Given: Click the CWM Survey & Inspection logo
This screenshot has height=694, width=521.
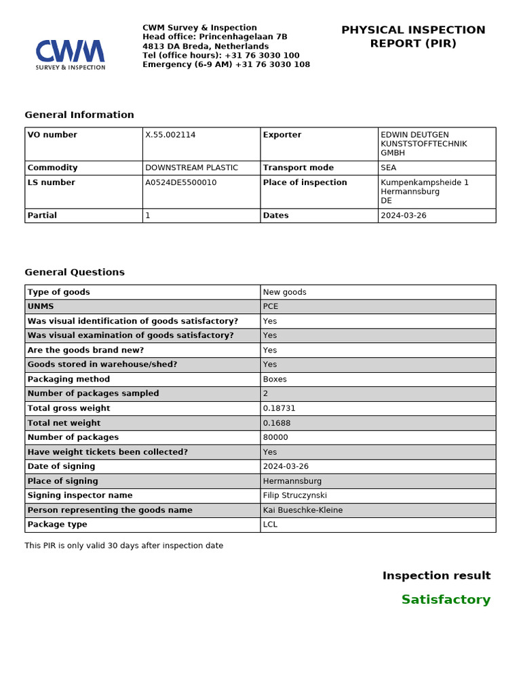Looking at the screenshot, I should pyautogui.click(x=71, y=54).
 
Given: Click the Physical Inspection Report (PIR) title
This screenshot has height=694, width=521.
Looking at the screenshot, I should pyautogui.click(x=412, y=37).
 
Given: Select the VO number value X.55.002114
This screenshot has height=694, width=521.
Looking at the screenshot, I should pyautogui.click(x=170, y=135).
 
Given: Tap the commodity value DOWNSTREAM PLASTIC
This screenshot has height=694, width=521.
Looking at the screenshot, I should pyautogui.click(x=191, y=167).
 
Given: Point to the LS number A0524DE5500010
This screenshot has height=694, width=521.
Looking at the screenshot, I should pyautogui.click(x=181, y=182).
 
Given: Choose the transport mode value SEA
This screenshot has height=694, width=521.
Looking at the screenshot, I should pyautogui.click(x=389, y=167).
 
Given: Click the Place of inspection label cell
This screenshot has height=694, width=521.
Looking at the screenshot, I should pyautogui.click(x=305, y=182).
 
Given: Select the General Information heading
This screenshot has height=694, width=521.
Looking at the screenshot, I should pyautogui.click(x=79, y=115).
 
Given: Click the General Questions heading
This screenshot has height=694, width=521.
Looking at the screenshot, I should pyautogui.click(x=75, y=272).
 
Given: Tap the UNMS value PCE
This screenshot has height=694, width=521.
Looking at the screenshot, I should pyautogui.click(x=271, y=306).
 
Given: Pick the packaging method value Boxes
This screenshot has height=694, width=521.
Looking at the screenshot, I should pyautogui.click(x=275, y=379).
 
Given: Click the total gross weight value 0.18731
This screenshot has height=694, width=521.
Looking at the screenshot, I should pyautogui.click(x=279, y=408).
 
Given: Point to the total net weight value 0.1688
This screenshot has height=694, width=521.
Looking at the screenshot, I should pyautogui.click(x=277, y=423).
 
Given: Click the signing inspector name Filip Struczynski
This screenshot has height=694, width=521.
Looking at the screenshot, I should pyautogui.click(x=294, y=495).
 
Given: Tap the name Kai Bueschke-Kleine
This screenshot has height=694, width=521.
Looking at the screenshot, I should pyautogui.click(x=303, y=510).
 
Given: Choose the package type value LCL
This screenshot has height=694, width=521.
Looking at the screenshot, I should pyautogui.click(x=270, y=525).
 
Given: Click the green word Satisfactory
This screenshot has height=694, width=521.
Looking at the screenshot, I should pyautogui.click(x=445, y=600).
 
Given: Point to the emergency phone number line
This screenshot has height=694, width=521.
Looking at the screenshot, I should pyautogui.click(x=226, y=65).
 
